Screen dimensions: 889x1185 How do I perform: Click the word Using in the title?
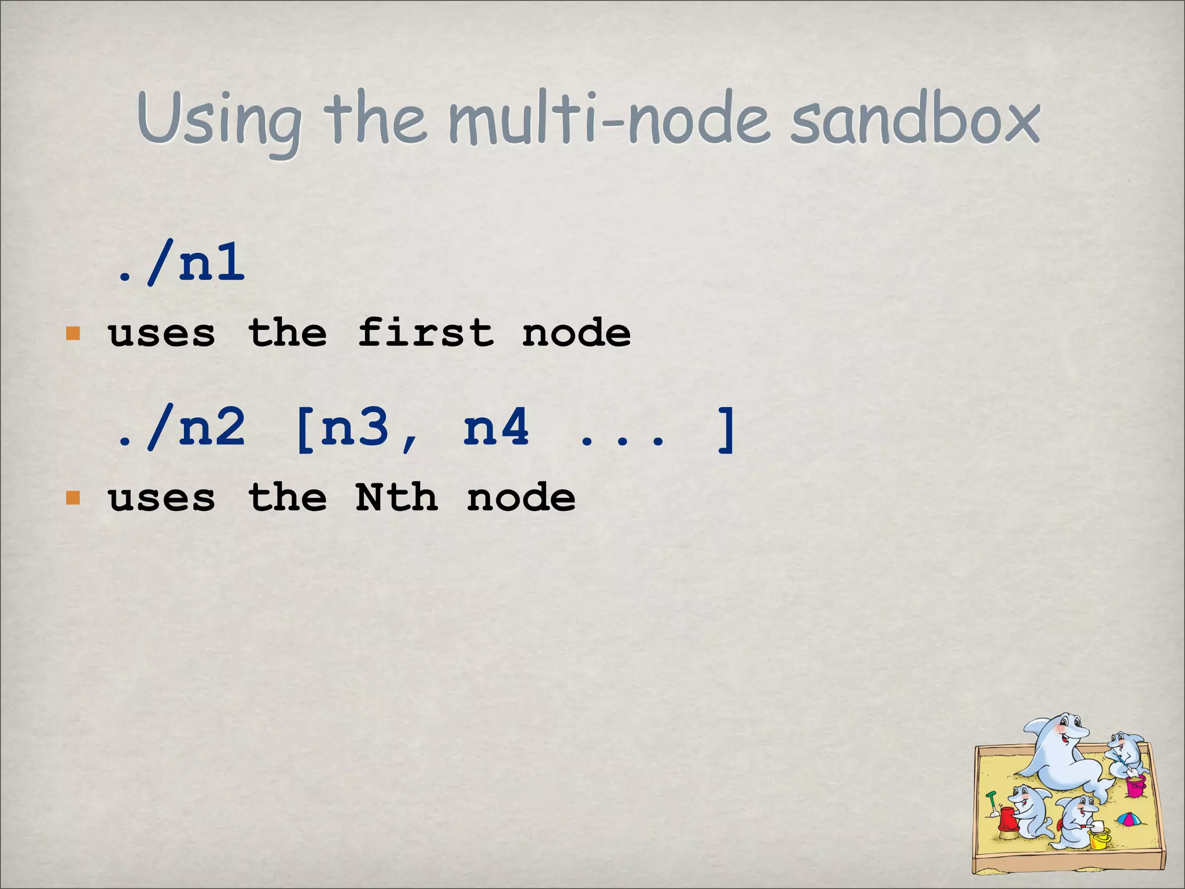point(219,122)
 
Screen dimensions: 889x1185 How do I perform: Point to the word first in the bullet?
point(425,334)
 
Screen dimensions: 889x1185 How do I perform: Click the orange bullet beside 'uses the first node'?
point(73,334)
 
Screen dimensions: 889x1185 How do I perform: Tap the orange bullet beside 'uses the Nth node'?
point(73,498)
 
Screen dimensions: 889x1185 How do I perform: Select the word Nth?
point(397,498)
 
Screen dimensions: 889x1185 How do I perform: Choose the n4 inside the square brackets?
point(496,428)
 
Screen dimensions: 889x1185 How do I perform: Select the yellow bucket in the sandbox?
point(1098,838)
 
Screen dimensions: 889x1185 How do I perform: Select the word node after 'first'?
point(576,334)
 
